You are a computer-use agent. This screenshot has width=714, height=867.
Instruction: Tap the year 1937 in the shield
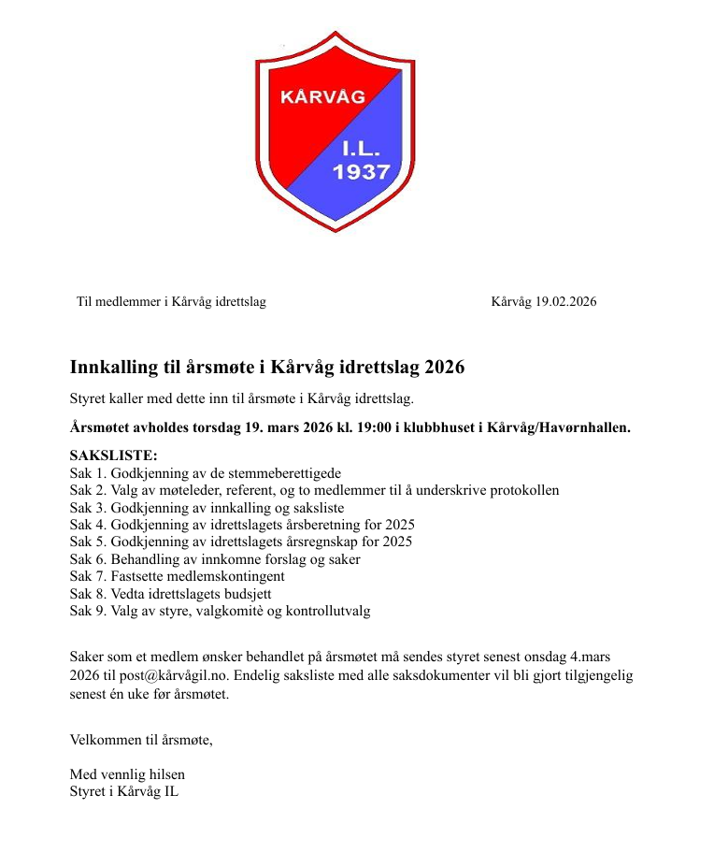click(361, 172)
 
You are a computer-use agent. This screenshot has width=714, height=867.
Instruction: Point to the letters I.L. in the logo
click(361, 148)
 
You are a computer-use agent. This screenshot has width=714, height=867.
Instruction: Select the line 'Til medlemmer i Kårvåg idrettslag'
click(171, 301)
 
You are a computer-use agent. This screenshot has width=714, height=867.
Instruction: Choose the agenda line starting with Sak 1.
click(206, 473)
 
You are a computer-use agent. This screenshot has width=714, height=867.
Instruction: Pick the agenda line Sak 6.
click(215, 559)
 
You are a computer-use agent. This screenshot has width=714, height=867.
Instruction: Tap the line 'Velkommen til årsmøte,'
click(141, 740)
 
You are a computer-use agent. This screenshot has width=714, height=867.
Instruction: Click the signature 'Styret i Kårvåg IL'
click(124, 792)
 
